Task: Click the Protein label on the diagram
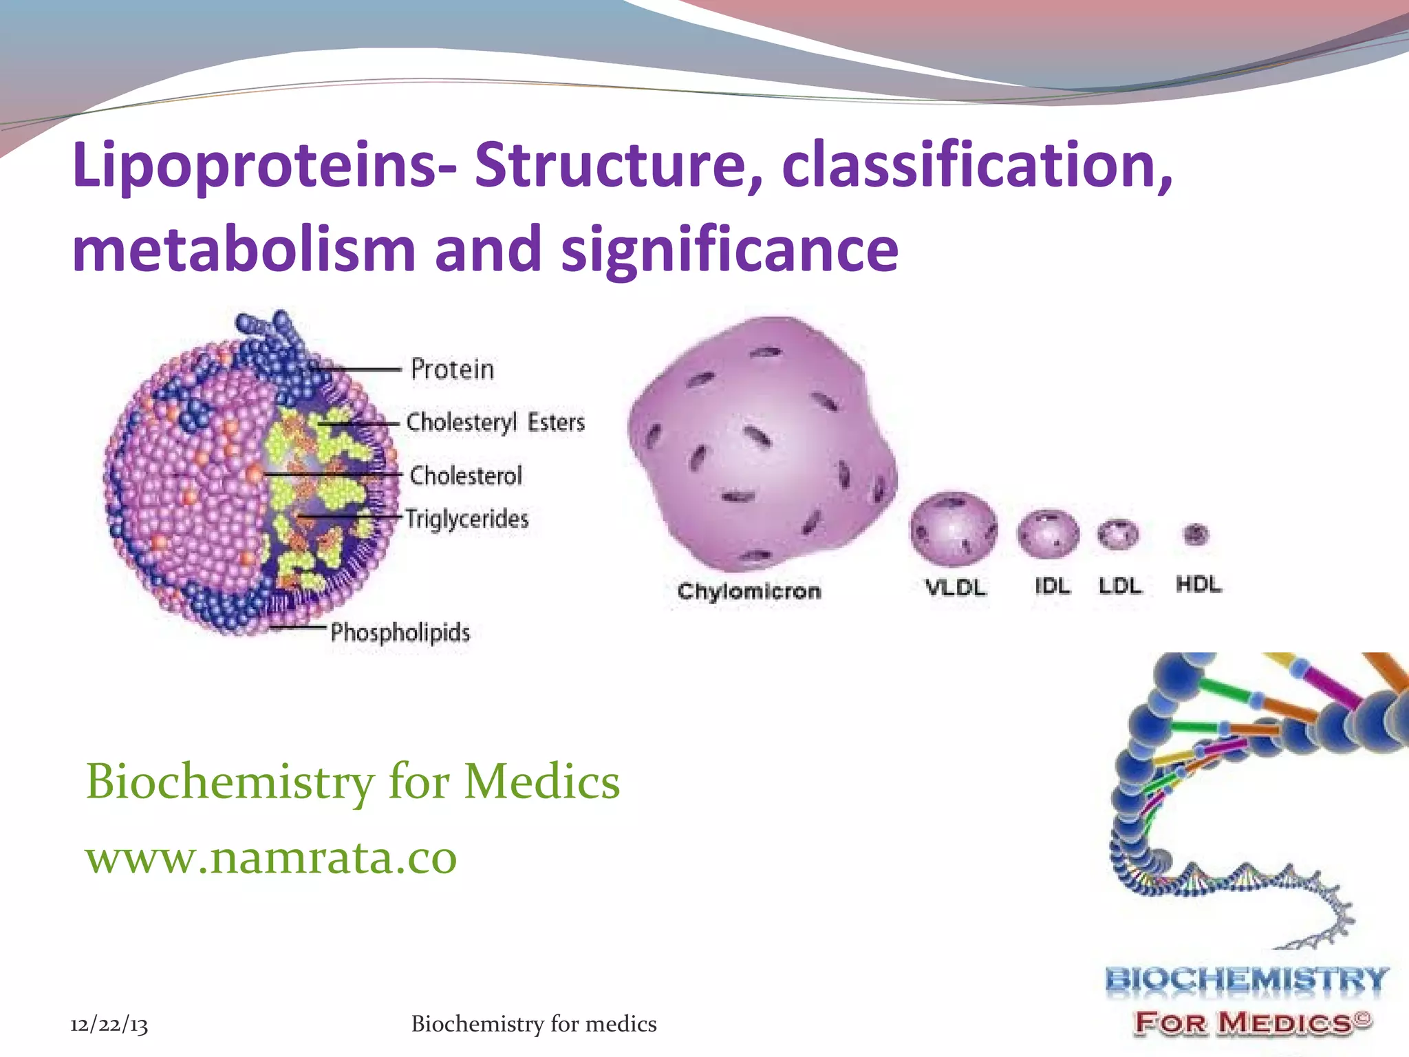tap(452, 370)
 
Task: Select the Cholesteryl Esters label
tap(495, 422)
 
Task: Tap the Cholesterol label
tap(466, 476)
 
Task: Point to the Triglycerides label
tap(467, 519)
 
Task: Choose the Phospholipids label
tap(400, 632)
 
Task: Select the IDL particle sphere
tap(1048, 533)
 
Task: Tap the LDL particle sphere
tap(1118, 534)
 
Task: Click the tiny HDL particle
tap(1196, 533)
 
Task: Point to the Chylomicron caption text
tap(749, 591)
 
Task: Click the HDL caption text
tap(1198, 585)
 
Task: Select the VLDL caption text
tap(955, 587)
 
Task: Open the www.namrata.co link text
tap(271, 858)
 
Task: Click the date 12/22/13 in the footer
tap(109, 1025)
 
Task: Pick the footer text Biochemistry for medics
tap(534, 1024)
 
